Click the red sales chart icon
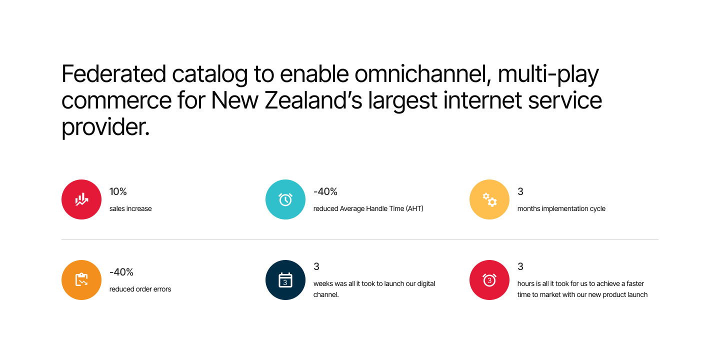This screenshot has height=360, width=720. click(81, 199)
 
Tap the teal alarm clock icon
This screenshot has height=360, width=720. click(285, 199)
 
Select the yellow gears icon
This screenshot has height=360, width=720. click(489, 199)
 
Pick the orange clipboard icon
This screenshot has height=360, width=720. click(81, 280)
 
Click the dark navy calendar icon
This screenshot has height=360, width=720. click(285, 280)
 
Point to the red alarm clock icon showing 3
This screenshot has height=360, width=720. click(489, 280)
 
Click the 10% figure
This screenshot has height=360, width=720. click(118, 191)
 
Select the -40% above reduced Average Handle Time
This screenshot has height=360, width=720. click(325, 191)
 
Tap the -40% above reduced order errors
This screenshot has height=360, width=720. click(121, 272)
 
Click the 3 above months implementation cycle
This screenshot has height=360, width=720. click(520, 191)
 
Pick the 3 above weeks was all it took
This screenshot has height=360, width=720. click(316, 266)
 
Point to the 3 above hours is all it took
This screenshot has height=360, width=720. click(520, 266)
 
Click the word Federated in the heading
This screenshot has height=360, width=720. click(113, 74)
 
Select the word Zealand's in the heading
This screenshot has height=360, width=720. click(313, 100)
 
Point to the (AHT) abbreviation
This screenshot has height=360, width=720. click(414, 208)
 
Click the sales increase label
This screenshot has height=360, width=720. click(130, 208)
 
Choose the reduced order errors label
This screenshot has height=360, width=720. click(140, 289)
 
